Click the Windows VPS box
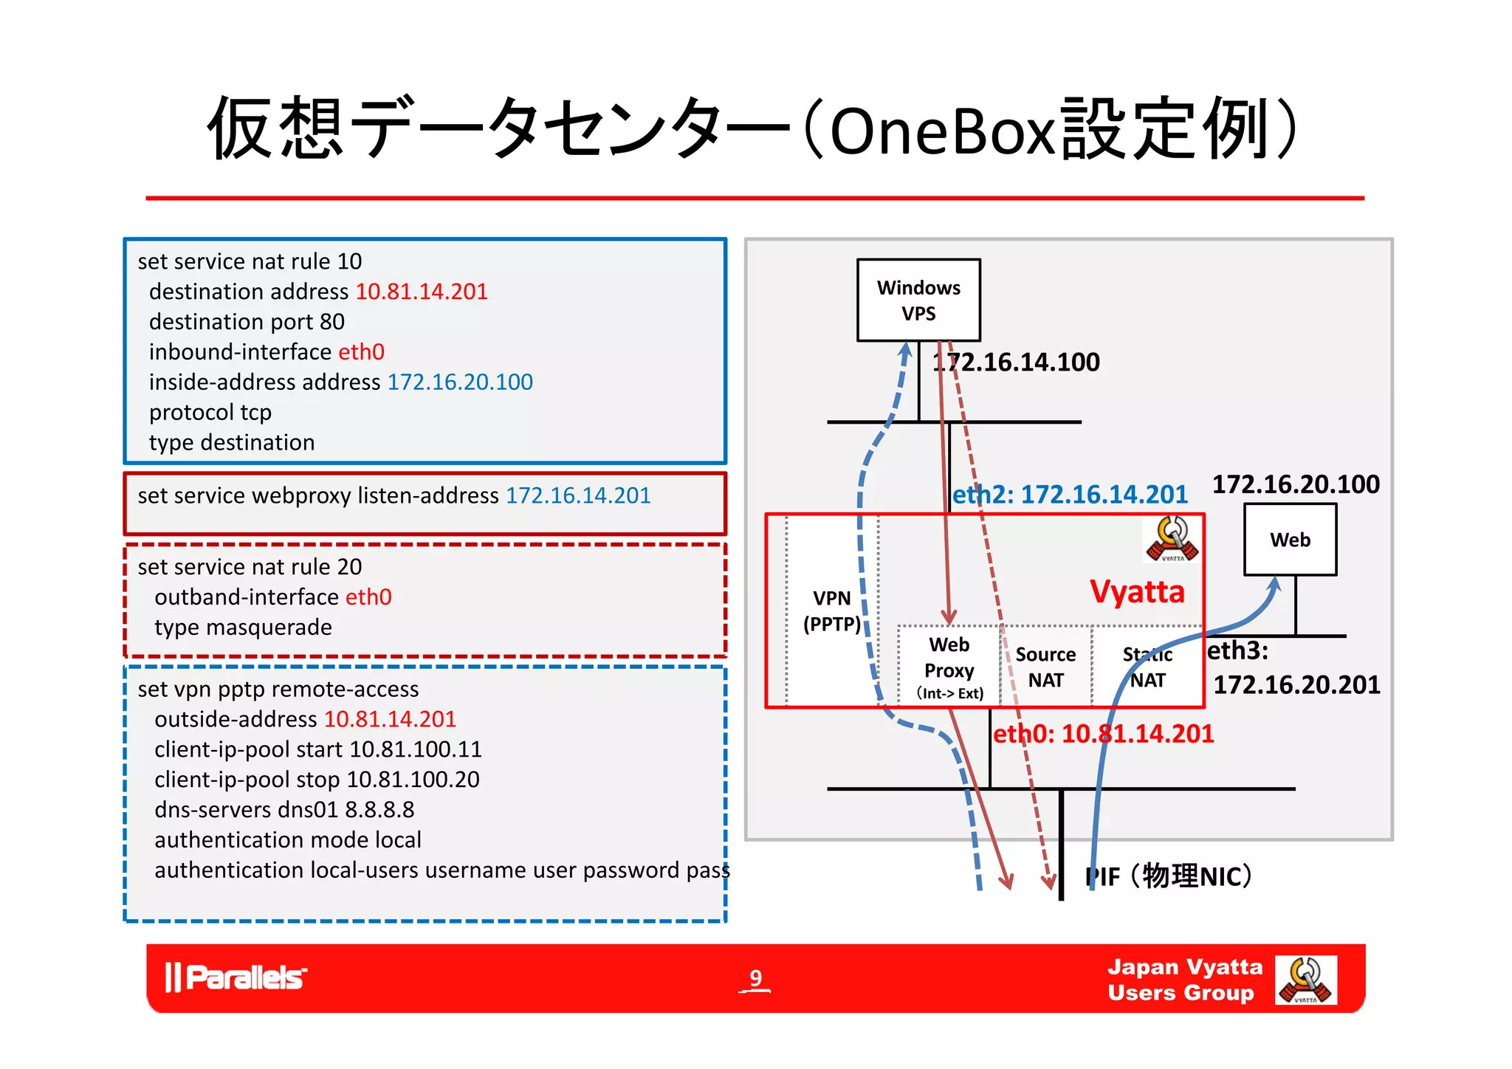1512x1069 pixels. [918, 300]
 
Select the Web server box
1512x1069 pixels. [1290, 540]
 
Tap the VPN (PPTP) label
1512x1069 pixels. [832, 611]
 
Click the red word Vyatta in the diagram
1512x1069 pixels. [1137, 592]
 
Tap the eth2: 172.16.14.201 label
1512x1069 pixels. [1070, 495]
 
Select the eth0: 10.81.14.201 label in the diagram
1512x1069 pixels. [1103, 734]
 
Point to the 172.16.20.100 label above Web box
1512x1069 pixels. [1296, 484]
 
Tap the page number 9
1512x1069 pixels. [755, 978]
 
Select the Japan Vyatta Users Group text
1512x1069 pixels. [1184, 980]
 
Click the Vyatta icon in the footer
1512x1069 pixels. [1305, 980]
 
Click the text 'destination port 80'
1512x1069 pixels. [247, 322]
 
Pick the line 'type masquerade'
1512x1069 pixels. [243, 628]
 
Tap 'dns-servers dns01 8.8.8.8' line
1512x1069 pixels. [284, 810]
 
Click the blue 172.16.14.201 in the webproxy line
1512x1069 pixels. [578, 495]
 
